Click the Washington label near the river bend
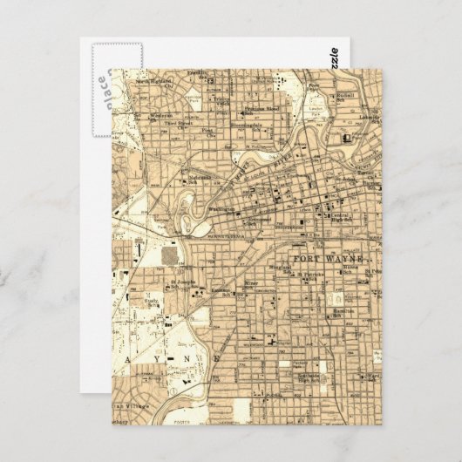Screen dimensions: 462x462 click(x=221, y=209)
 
